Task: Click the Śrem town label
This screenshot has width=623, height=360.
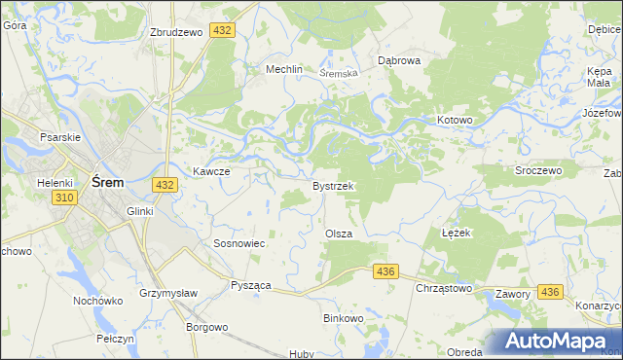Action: pos(105,181)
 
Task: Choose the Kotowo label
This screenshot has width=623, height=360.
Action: pos(454,121)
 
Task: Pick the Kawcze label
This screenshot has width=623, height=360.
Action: pos(210,171)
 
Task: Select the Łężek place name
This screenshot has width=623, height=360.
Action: pos(456,234)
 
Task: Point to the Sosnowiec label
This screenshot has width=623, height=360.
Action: pos(239,243)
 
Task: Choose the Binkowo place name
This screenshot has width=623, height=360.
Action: pos(343,318)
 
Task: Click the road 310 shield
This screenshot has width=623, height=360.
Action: pos(65,198)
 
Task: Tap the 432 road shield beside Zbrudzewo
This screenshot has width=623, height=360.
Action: pos(223,31)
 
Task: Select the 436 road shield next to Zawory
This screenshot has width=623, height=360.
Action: pos(549,292)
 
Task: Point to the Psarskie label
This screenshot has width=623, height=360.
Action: pos(57,138)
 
